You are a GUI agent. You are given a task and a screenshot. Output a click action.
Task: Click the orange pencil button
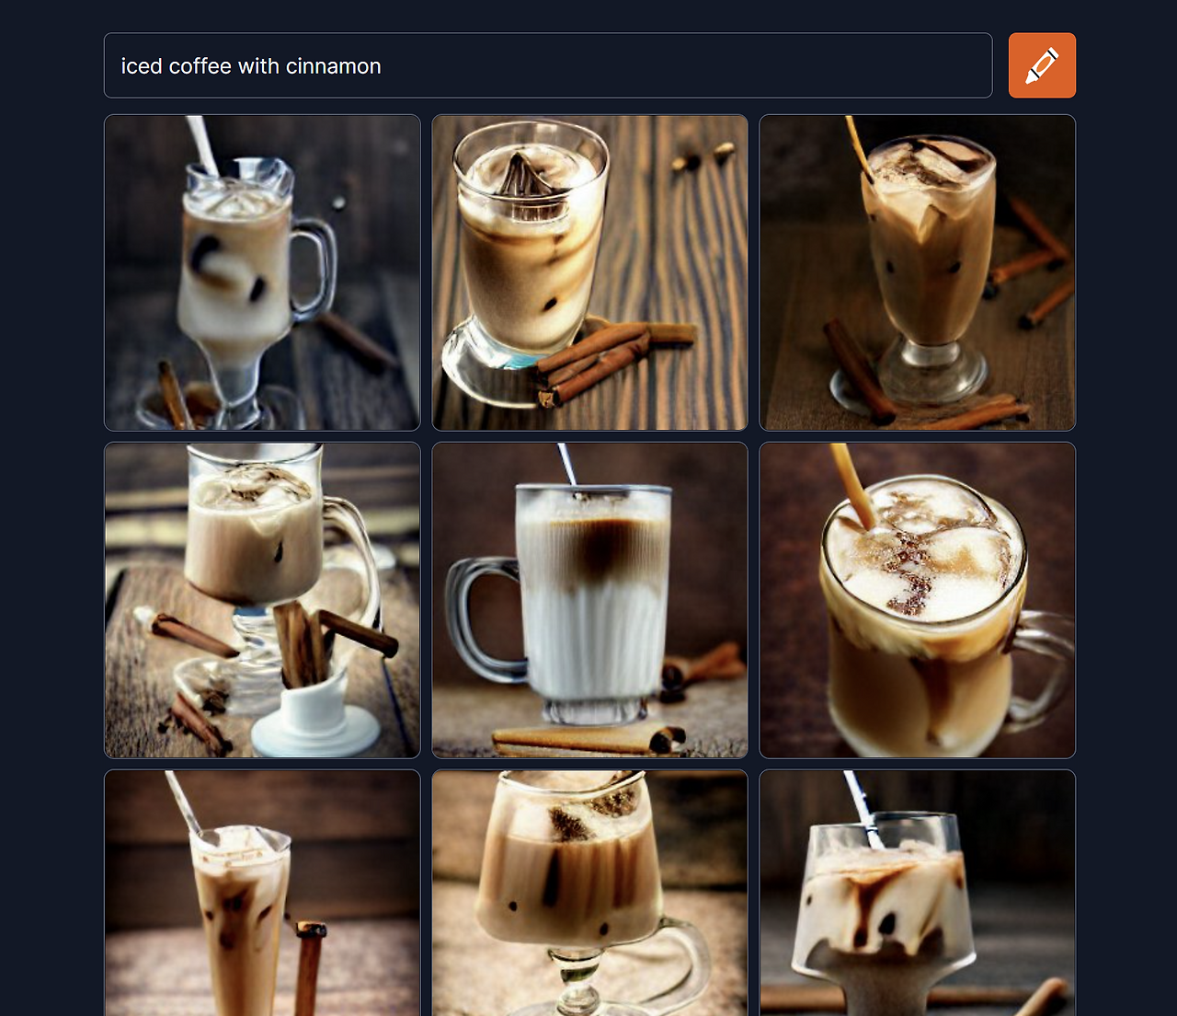pyautogui.click(x=1042, y=65)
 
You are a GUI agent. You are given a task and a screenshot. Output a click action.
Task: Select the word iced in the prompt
pyautogui.click(x=142, y=66)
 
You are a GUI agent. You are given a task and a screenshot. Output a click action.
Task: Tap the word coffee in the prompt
pyautogui.click(x=200, y=66)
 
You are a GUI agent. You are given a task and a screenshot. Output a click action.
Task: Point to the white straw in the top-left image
pyautogui.click(x=202, y=145)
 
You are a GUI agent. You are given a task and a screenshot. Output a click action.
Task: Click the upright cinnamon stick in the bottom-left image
pyautogui.click(x=309, y=969)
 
